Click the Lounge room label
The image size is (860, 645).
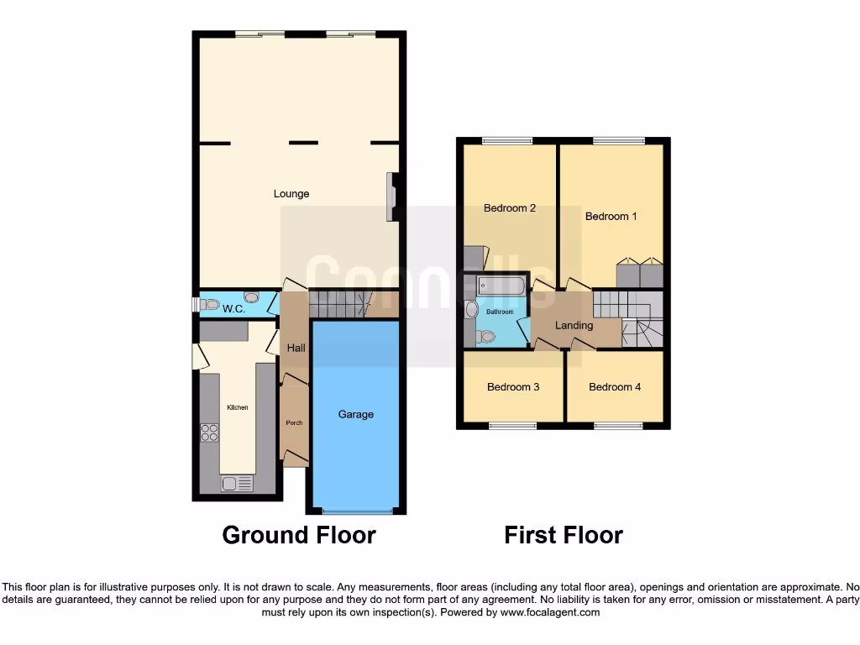(x=291, y=194)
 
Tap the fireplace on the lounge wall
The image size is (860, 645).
(x=391, y=197)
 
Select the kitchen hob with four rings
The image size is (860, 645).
(x=209, y=433)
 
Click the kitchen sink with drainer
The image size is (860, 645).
(x=237, y=484)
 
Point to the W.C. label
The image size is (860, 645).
(x=233, y=310)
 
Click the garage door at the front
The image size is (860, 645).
(x=356, y=510)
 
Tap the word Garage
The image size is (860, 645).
(x=356, y=414)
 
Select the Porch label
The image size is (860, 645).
(x=294, y=422)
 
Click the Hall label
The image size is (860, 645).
(x=296, y=348)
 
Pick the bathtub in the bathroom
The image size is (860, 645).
(x=501, y=287)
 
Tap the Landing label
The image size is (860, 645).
(x=574, y=325)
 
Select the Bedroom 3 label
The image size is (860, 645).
(x=513, y=387)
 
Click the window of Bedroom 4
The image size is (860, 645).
(x=618, y=426)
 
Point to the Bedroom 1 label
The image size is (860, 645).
(x=611, y=217)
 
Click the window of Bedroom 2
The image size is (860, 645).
(x=506, y=141)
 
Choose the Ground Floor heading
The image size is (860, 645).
(x=298, y=535)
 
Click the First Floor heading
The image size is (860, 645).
(x=564, y=535)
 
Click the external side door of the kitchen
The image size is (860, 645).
(x=199, y=356)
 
